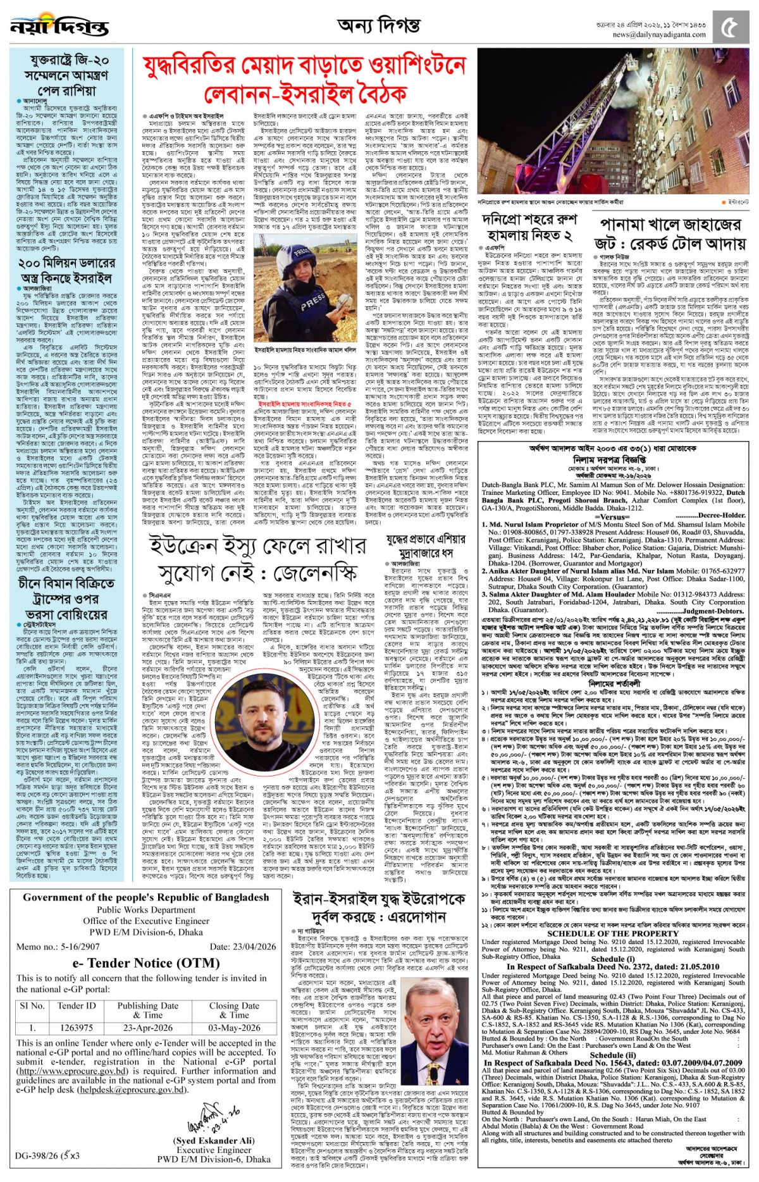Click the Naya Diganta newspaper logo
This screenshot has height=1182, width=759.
60,27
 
